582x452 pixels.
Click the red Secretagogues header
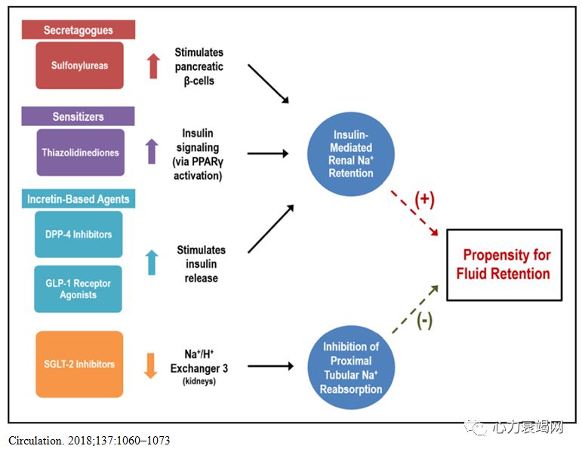pos(79,29)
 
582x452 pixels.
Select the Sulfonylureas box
pos(79,66)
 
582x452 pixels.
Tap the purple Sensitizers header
pos(79,116)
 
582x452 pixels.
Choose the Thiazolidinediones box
pos(79,152)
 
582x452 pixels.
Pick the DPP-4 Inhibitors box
pos(79,234)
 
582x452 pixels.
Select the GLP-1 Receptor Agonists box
pos(79,288)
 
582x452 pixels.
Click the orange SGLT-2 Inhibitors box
pos(79,364)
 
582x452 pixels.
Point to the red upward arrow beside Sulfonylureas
pos(153,66)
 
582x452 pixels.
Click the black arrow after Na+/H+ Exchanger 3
pos(269,367)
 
